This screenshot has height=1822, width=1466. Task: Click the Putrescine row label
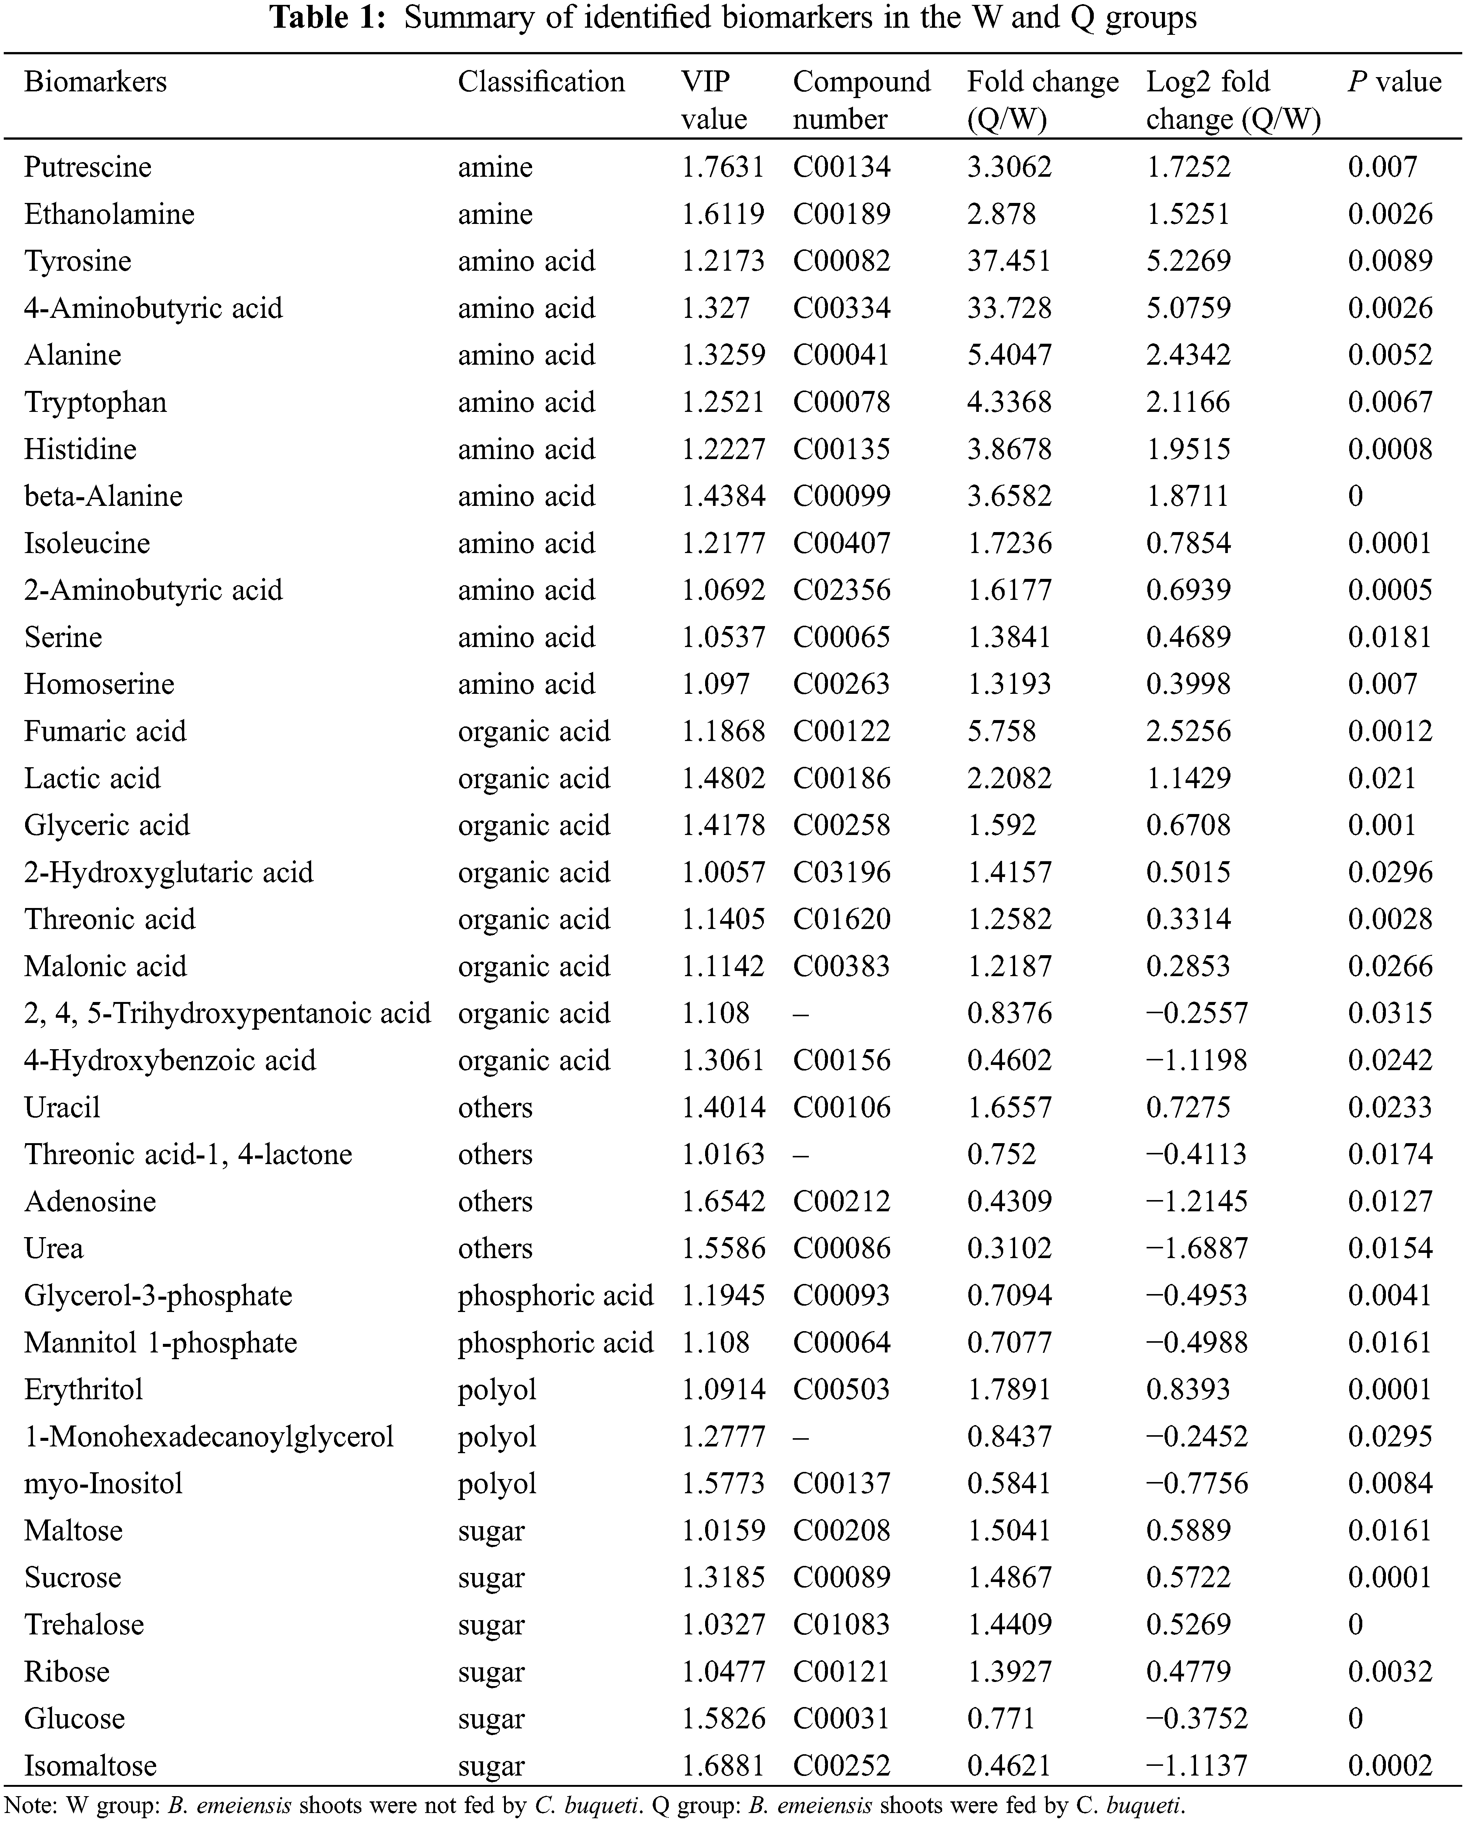88,167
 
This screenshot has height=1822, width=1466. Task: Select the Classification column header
541,82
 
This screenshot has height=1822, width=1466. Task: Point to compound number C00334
841,308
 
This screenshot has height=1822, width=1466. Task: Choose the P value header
1394,82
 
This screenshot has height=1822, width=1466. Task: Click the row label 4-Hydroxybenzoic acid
170,1060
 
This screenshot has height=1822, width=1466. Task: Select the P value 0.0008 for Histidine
1390,449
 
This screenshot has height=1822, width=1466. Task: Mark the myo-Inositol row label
103,1483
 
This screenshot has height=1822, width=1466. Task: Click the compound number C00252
841,1765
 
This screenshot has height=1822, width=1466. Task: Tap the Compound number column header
861,100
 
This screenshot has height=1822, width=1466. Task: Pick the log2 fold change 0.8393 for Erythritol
1188,1389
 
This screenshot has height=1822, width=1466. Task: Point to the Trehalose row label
84,1624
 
